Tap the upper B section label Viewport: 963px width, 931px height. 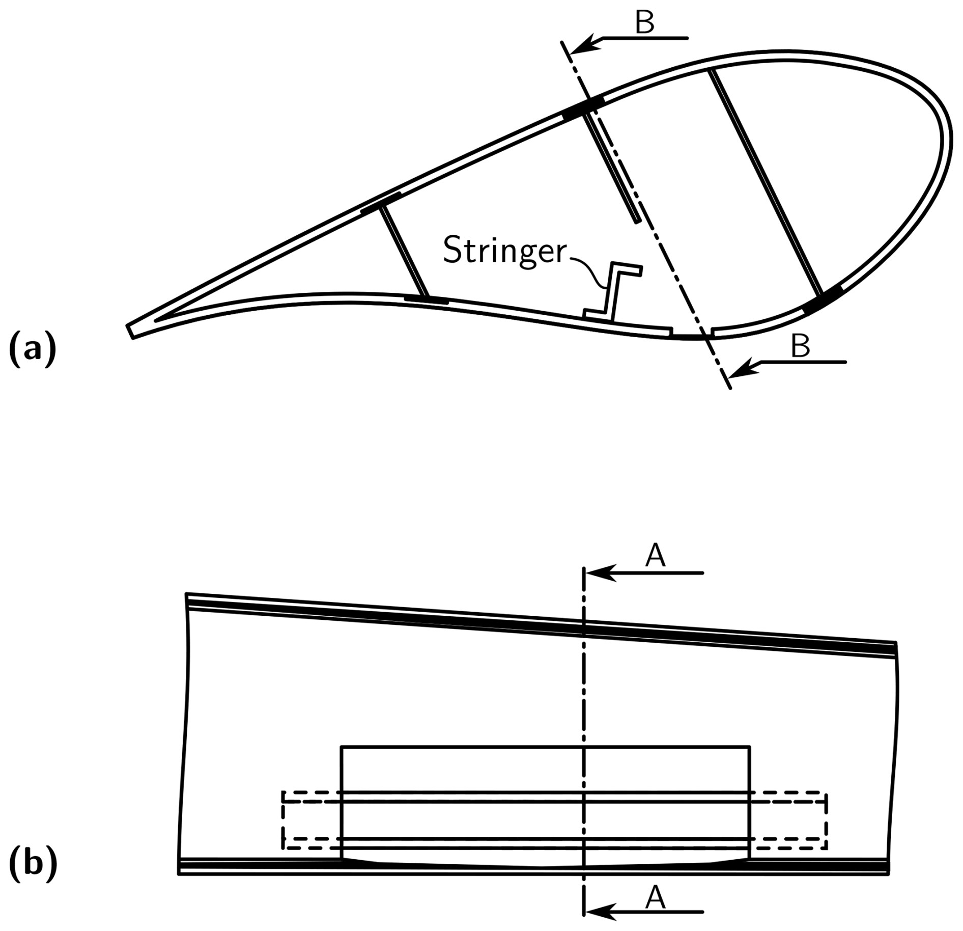coord(645,22)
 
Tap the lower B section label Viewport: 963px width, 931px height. coord(800,347)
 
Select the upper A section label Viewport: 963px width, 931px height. coord(655,557)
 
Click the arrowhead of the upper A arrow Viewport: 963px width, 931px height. coord(593,573)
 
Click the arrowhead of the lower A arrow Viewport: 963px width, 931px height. coord(593,912)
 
